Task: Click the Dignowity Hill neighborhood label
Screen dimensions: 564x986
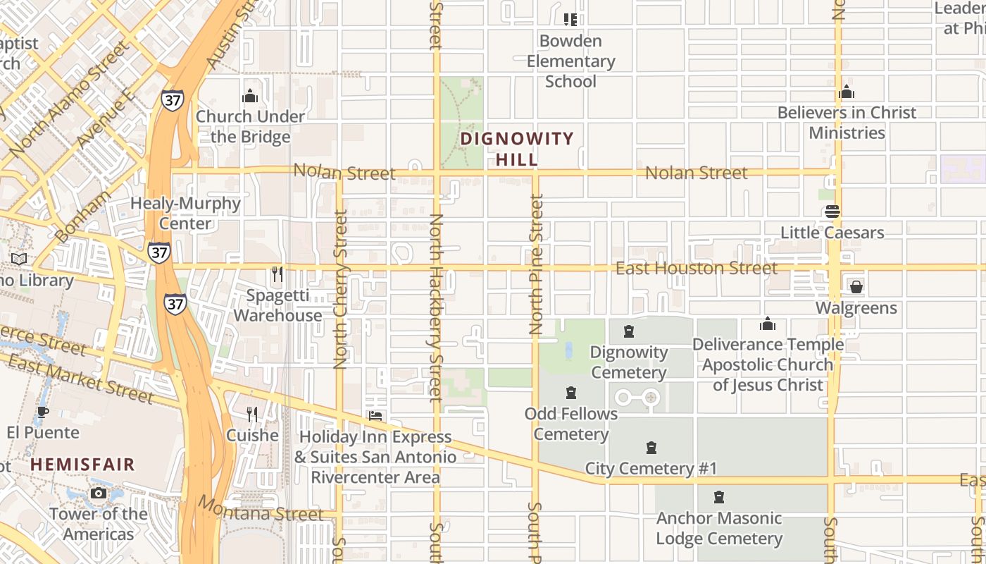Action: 517,149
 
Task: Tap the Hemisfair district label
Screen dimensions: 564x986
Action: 82,465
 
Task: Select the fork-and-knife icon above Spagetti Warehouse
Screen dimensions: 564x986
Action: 277,274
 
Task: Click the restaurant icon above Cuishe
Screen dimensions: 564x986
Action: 252,415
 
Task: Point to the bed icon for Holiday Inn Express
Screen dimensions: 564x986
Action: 375,416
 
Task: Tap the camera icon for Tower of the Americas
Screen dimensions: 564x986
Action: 99,493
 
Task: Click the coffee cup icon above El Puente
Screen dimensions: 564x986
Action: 43,412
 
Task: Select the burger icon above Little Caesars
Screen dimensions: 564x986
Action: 832,211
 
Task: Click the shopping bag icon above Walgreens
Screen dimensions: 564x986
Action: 856,287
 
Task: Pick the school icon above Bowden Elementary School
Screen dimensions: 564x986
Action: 570,20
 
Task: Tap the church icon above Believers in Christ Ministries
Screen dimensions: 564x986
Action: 847,92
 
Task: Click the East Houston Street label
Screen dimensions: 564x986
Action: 696,268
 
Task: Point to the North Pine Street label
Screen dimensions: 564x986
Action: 537,264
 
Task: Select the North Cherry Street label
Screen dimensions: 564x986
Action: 341,289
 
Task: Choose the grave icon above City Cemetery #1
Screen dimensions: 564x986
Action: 651,448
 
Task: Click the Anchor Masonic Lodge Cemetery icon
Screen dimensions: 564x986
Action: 719,498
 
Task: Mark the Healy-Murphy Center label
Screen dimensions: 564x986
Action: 185,213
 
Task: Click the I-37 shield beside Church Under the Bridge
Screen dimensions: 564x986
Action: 172,99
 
